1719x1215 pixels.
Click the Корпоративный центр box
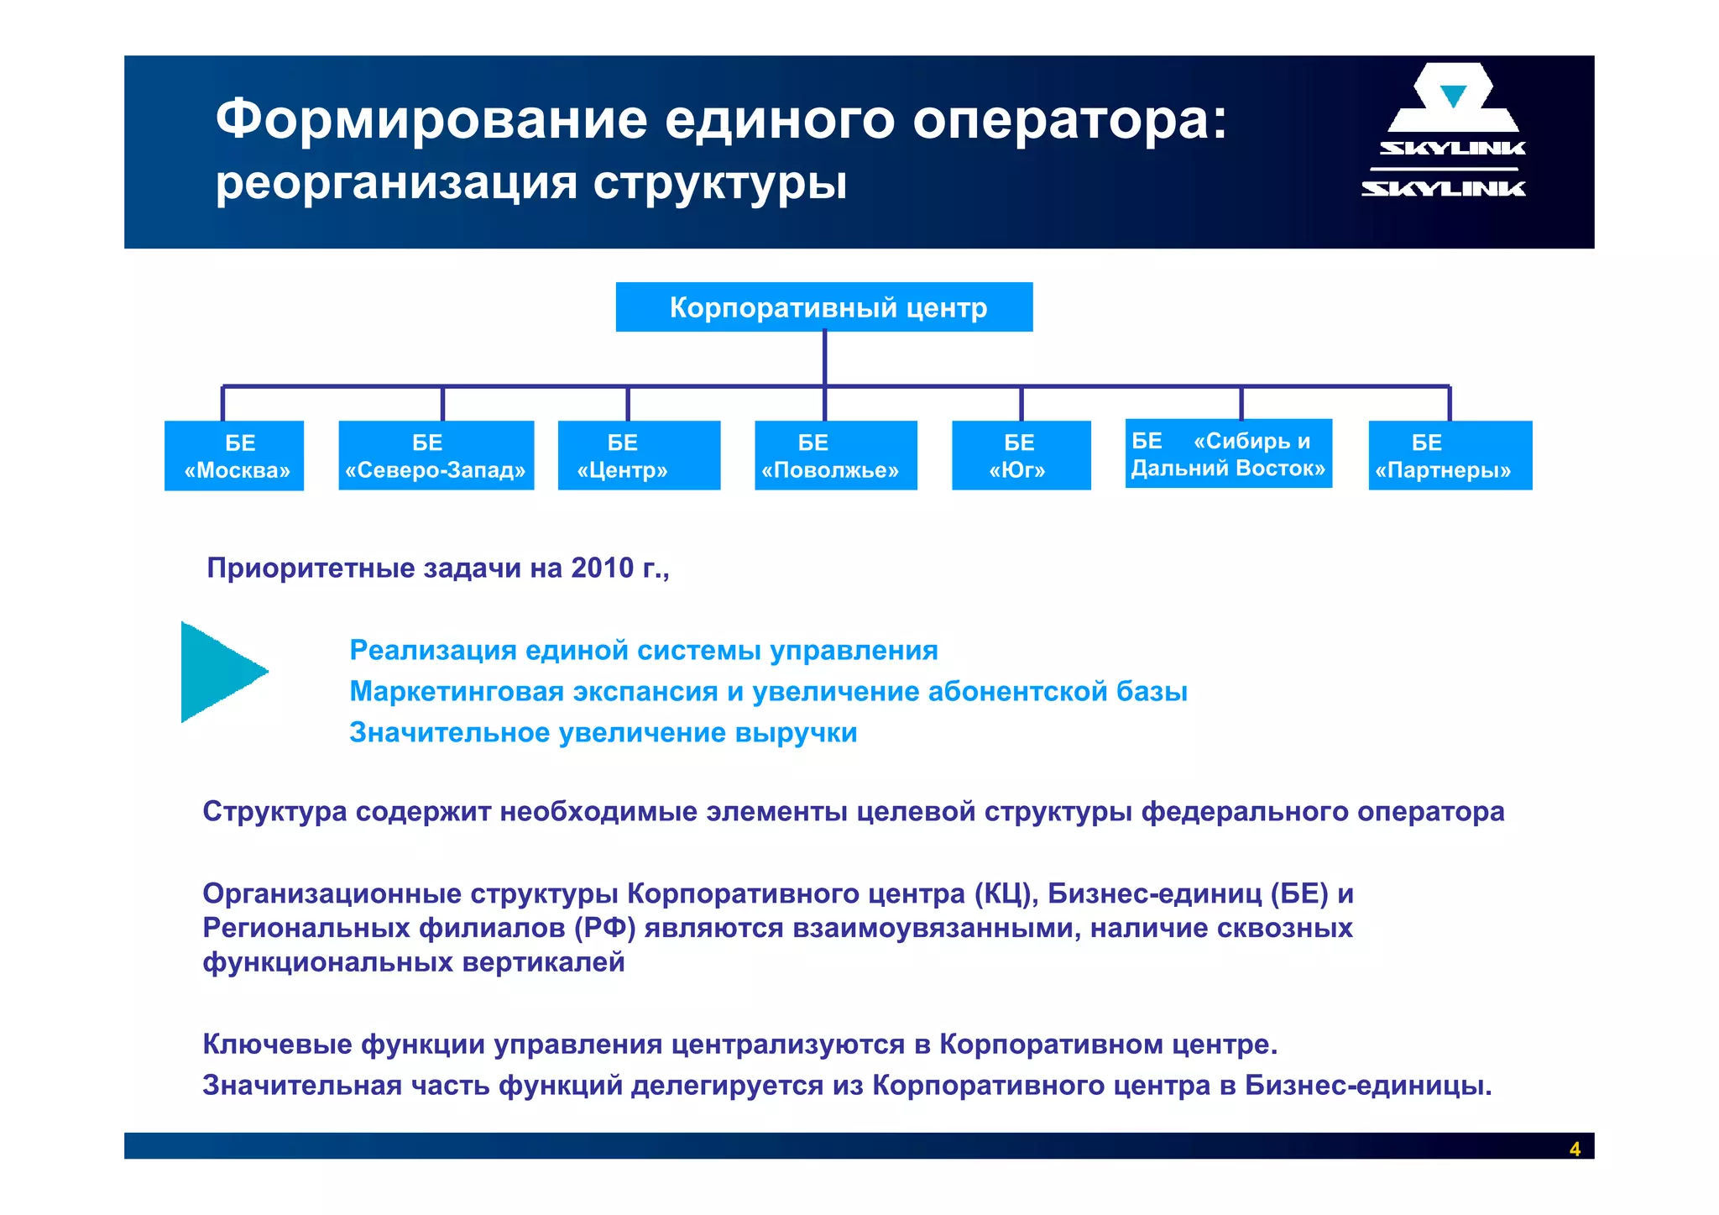click(x=824, y=307)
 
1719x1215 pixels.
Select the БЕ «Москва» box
click(x=234, y=456)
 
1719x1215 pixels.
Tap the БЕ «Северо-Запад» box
click(x=436, y=456)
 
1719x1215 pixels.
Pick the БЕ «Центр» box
click(x=639, y=456)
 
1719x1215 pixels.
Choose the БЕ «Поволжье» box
click(x=835, y=456)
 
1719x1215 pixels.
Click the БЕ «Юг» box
click(x=1021, y=456)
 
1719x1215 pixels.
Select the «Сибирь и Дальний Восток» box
click(x=1228, y=454)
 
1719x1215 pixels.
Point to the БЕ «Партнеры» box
click(x=1450, y=456)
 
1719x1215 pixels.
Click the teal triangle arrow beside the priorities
click(x=217, y=672)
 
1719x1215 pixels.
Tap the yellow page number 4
click(x=1575, y=1149)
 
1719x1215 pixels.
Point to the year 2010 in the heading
click(x=602, y=568)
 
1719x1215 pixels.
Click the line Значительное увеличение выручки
click(x=603, y=733)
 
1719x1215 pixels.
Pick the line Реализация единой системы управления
click(x=643, y=651)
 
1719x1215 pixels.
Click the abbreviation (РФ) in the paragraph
click(x=604, y=928)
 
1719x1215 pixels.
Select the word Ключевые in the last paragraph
click(x=277, y=1045)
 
